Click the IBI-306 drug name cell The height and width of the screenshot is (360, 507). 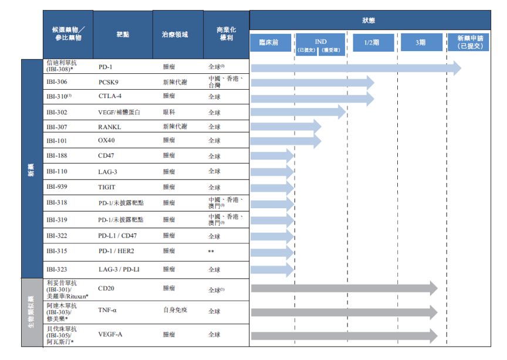coord(57,83)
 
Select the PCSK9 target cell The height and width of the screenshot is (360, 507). coord(109,83)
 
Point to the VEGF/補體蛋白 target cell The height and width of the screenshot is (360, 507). coord(119,113)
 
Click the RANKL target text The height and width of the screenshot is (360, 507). coord(109,127)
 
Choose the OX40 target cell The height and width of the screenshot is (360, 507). coord(107,141)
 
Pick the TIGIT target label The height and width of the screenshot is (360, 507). coord(107,188)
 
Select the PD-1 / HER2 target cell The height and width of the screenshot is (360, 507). coord(116,251)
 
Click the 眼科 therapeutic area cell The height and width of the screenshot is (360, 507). coord(168,113)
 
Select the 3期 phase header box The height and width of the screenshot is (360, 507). coord(421,43)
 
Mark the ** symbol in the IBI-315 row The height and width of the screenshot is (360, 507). coord(211,252)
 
